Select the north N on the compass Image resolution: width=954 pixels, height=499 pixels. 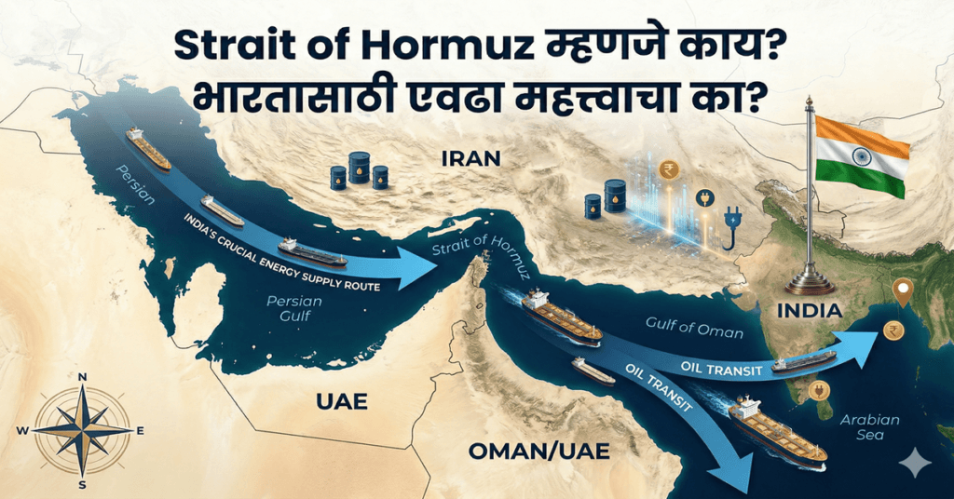(82, 377)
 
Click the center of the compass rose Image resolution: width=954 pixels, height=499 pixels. (82, 430)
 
